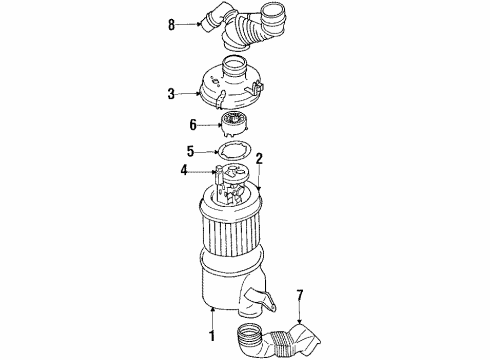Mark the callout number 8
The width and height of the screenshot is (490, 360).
172,23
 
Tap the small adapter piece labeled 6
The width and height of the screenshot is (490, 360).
234,125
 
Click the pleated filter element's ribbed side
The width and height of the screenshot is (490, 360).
240,250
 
